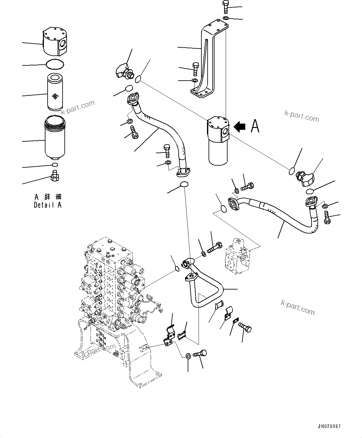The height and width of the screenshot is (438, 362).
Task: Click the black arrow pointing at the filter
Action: pyautogui.click(x=239, y=126)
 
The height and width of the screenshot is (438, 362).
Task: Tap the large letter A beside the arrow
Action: pyautogui.click(x=255, y=126)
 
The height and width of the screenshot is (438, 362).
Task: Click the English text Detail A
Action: pyautogui.click(x=48, y=205)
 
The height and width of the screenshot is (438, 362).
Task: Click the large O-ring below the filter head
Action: pyautogui.click(x=55, y=64)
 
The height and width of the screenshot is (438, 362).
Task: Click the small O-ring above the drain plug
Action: pyautogui.click(x=55, y=165)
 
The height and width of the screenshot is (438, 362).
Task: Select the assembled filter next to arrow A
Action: pyautogui.click(x=218, y=140)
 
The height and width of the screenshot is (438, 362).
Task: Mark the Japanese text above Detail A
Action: pyautogui.click(x=48, y=197)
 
